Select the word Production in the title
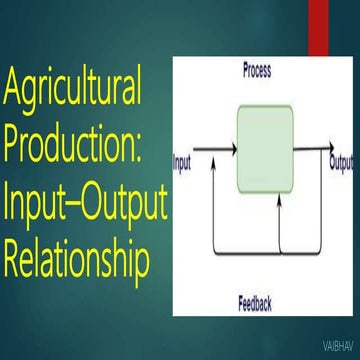[x=70, y=150]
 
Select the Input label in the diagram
[x=182, y=159]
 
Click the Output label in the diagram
[x=343, y=159]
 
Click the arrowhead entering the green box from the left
[x=233, y=152]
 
